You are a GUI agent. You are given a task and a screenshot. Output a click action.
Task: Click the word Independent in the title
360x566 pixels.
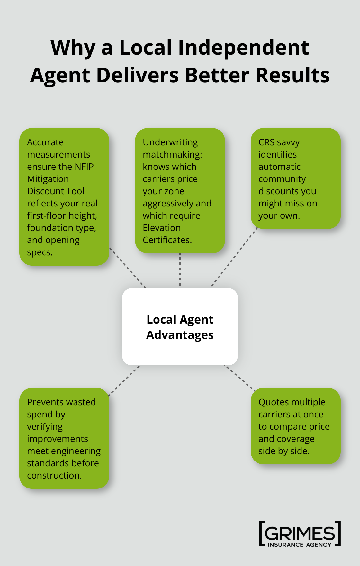click(x=243, y=48)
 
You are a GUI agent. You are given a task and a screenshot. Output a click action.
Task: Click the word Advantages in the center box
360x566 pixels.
click(x=180, y=335)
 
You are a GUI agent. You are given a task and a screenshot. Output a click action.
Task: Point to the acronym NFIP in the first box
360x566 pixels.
click(x=84, y=167)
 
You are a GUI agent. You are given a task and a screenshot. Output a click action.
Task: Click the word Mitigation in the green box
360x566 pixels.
click(x=48, y=179)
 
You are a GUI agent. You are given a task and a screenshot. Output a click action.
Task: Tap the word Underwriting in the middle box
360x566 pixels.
click(x=170, y=142)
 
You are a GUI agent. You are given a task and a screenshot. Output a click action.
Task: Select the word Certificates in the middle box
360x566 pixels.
click(x=167, y=240)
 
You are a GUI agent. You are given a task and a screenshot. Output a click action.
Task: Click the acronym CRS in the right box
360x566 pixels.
click(x=266, y=142)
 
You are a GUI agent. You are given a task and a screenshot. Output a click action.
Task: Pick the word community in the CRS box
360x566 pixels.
click(x=282, y=179)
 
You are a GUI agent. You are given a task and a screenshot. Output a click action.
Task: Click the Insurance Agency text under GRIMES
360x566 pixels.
click(x=300, y=545)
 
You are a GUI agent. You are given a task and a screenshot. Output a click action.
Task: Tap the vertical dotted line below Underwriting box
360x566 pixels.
click(x=180, y=270)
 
